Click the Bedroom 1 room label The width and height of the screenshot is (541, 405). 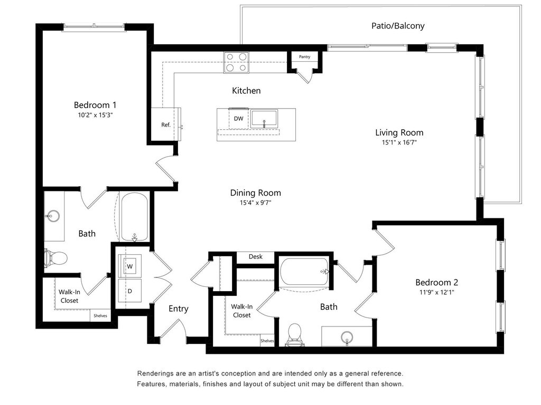click(x=95, y=105)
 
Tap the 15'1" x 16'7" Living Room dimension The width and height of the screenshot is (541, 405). click(x=399, y=142)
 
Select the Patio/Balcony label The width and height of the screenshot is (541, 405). click(x=398, y=26)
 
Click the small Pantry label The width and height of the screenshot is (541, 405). click(x=304, y=57)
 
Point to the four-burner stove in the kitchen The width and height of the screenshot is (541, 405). click(x=236, y=62)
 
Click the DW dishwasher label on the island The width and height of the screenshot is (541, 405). click(x=238, y=119)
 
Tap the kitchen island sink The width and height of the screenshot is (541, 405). click(x=264, y=119)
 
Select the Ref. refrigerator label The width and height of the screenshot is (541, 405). click(x=166, y=124)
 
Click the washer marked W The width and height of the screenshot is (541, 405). click(x=130, y=266)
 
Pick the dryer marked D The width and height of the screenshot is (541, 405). click(x=130, y=291)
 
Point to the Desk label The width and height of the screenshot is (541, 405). click(x=255, y=257)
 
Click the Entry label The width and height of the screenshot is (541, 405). click(x=179, y=308)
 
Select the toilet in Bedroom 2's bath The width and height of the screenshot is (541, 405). click(x=295, y=334)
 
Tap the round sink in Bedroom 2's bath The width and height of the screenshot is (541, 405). click(x=347, y=337)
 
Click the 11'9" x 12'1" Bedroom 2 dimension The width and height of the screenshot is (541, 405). click(x=437, y=292)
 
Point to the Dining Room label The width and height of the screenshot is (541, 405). click(x=256, y=193)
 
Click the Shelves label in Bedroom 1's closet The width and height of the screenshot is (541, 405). click(x=100, y=316)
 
